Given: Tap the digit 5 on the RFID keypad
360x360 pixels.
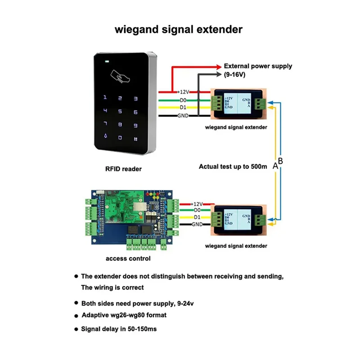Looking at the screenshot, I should coord(120,111).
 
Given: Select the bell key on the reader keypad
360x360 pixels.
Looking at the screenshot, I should coord(106,135).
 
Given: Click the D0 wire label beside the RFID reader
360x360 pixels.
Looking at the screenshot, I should coord(183,100).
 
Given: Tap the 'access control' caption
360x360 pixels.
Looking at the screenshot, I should coord(128,259).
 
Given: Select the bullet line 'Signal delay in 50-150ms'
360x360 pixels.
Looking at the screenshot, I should coord(119,329).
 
